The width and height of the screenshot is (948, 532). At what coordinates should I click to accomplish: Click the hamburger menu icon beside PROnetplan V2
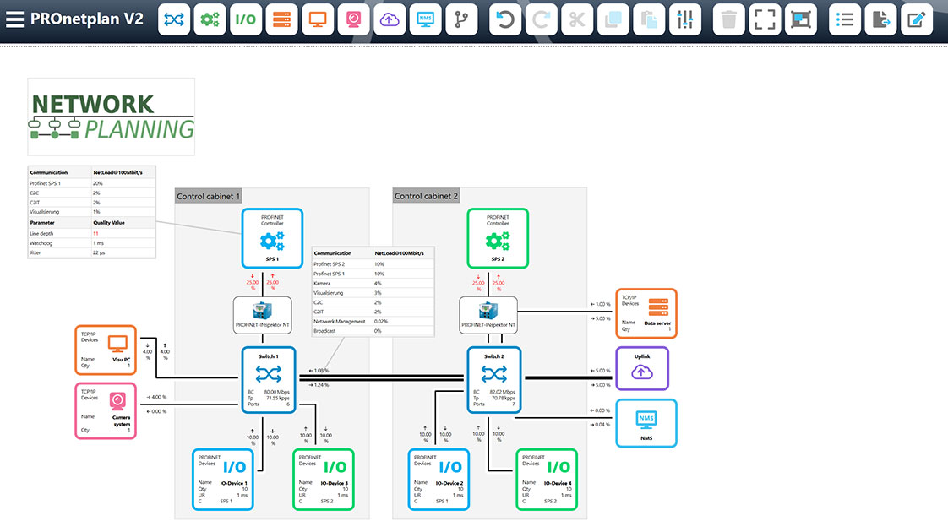(x=14, y=19)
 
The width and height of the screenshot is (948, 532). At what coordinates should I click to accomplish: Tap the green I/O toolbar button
(x=245, y=19)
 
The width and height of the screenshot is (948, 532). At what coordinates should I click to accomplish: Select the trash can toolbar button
(x=729, y=19)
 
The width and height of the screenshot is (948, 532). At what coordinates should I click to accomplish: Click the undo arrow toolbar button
(x=505, y=19)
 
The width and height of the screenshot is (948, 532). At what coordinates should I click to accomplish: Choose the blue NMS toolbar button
(x=426, y=19)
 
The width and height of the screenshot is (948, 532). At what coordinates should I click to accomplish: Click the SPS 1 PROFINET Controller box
(x=272, y=238)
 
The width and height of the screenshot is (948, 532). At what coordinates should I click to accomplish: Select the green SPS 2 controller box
(x=498, y=238)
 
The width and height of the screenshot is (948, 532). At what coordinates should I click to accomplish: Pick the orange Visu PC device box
(x=105, y=350)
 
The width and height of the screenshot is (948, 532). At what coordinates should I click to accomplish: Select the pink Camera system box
(x=105, y=410)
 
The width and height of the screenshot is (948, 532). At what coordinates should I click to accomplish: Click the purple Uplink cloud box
(x=641, y=367)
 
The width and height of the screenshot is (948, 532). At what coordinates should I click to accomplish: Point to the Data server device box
(x=646, y=313)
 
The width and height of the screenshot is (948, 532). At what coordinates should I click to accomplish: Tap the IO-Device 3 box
(x=324, y=479)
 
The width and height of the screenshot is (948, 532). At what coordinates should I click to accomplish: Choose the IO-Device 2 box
(x=439, y=479)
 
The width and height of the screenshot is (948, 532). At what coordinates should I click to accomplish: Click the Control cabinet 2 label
(x=426, y=196)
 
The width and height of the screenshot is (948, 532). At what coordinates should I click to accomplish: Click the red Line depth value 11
(x=95, y=232)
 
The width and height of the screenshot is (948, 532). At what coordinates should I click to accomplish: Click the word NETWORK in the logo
(x=93, y=104)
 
